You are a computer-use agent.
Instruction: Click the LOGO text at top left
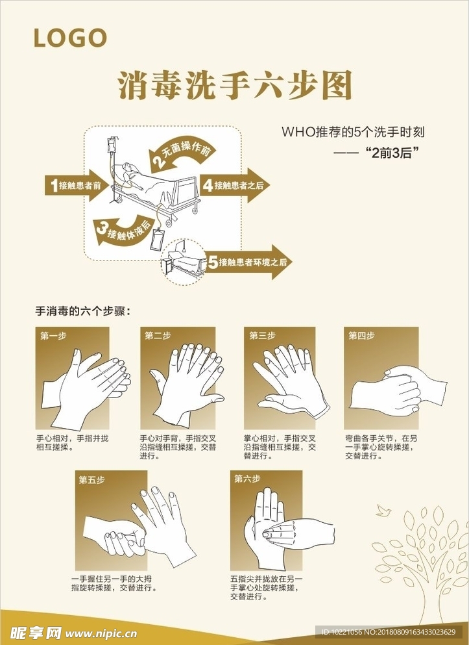point(70,38)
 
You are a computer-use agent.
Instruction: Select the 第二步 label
point(158,336)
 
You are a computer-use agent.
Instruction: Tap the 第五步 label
point(91,480)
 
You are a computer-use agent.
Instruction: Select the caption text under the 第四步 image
point(380,447)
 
